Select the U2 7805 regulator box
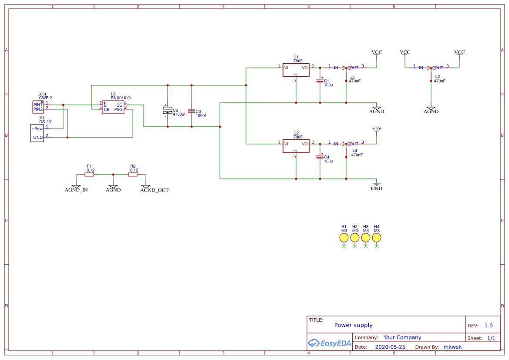(x=296, y=146)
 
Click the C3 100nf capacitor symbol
(x=191, y=111)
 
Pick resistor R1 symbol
(x=89, y=175)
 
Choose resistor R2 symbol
(x=133, y=175)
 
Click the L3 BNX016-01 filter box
(x=113, y=107)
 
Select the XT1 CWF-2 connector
(x=38, y=107)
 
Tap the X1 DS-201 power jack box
(x=37, y=133)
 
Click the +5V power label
(x=377, y=129)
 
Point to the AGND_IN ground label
(x=76, y=190)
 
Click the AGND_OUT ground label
(x=154, y=190)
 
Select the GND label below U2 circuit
(x=377, y=188)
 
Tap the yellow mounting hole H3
(x=366, y=237)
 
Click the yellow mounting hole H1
(x=344, y=237)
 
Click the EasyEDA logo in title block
(x=330, y=343)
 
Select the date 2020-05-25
(x=390, y=347)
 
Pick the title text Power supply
(x=353, y=325)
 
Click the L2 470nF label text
(x=439, y=79)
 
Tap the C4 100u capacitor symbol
(x=320, y=157)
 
